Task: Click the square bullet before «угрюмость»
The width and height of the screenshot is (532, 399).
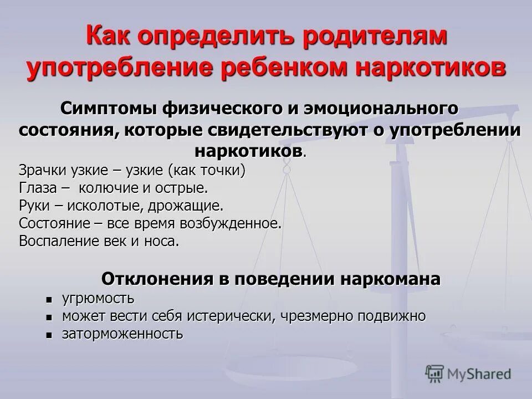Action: [50, 300]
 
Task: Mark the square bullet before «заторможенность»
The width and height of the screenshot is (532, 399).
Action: [50, 335]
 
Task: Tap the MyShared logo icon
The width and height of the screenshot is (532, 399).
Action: [436, 373]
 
